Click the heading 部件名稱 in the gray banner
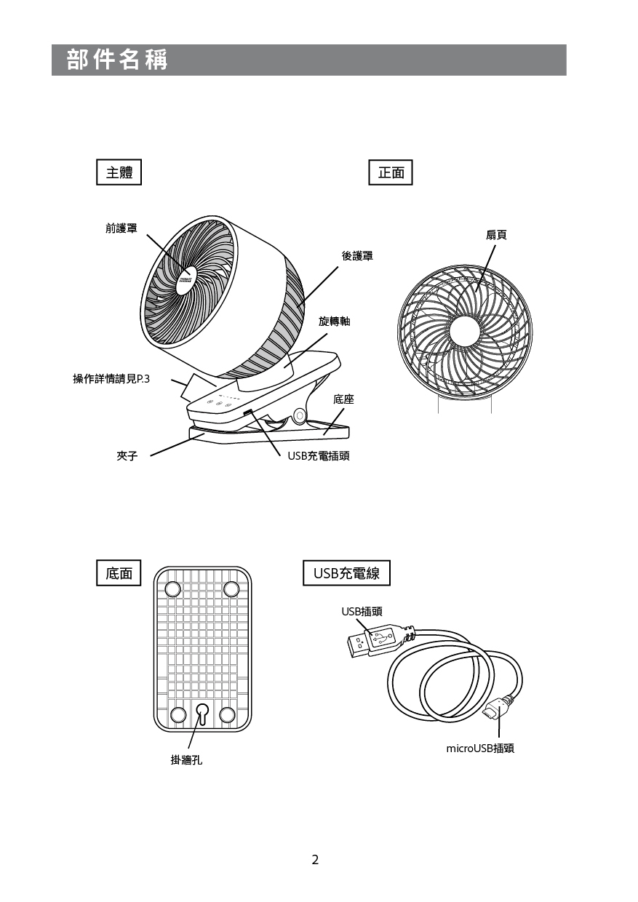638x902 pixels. (117, 60)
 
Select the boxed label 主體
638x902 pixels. (119, 172)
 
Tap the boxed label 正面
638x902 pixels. (391, 172)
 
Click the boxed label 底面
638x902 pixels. (119, 573)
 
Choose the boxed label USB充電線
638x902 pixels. (346, 573)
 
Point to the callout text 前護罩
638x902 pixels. (121, 228)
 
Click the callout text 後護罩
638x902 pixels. (357, 256)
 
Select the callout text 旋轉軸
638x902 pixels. (334, 321)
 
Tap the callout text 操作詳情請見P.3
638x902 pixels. (111, 378)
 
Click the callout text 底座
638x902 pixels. (343, 399)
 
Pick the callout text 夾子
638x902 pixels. (127, 456)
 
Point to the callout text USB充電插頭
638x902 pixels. (318, 456)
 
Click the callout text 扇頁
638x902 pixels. (496, 234)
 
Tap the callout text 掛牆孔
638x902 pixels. (186, 760)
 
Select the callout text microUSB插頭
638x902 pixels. (480, 749)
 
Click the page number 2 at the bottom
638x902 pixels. (315, 860)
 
